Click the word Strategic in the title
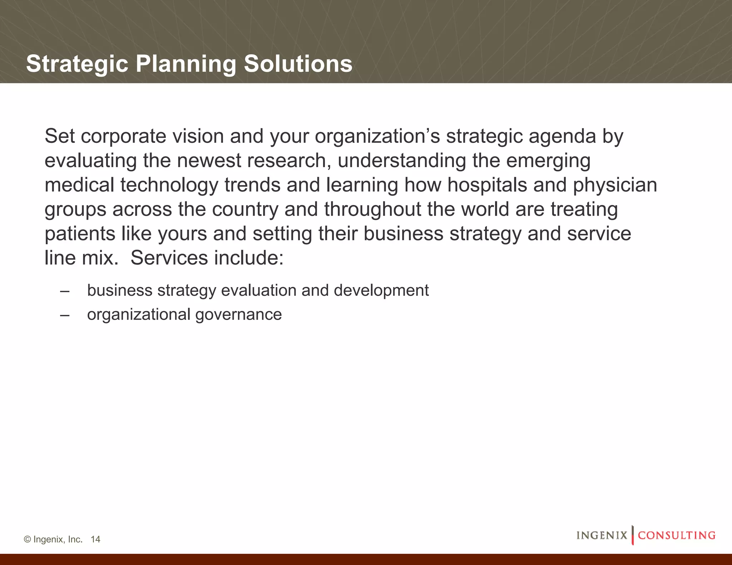pos(77,64)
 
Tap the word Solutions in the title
pos(298,64)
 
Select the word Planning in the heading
pos(186,64)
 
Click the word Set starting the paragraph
pos(60,136)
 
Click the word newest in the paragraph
pos(209,161)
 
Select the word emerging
pos(548,161)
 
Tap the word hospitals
pos(487,185)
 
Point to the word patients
pos(80,234)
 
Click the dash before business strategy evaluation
pos(65,291)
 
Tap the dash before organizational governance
pos(65,315)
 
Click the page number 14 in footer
pos(95,539)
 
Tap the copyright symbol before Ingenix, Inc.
pos(27,539)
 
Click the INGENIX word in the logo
pos(602,535)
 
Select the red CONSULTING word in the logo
pos(677,535)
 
